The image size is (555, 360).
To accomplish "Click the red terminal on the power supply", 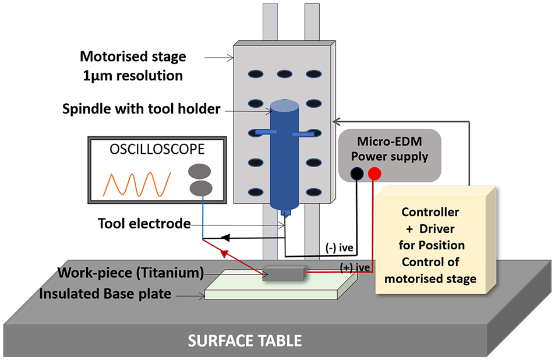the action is pos(374,174).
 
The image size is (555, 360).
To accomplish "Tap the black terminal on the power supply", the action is pos(357,174).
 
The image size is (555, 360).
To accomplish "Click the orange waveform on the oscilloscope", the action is pos(137,184).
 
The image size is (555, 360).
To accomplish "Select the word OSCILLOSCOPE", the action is pos(157,149).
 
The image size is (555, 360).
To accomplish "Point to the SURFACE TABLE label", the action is pos(245,341).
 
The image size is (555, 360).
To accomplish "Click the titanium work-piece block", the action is pos(284,273).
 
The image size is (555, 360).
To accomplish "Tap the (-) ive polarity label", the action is pos(339,248).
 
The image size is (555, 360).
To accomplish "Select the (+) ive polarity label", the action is pos(355,267).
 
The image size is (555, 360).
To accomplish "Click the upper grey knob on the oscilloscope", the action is pos(199,171).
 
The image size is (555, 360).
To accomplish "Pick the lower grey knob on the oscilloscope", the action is pos(201,188).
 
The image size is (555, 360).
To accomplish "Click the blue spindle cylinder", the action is pos(284,156).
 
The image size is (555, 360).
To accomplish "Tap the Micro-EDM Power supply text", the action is pos(390,149).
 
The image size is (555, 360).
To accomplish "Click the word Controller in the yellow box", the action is pos(430,211).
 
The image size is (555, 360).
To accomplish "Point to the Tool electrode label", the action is pos(144,223).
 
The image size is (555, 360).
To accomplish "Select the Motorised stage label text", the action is pos(133,57).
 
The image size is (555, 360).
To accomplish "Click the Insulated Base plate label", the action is pos(105,294).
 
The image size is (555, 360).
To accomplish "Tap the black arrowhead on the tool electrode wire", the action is pos(225,238).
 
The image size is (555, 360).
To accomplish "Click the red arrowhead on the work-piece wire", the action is pos(224,253).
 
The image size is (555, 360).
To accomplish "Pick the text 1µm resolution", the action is pos(133,76).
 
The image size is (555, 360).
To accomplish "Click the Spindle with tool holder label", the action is pos(142,109).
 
